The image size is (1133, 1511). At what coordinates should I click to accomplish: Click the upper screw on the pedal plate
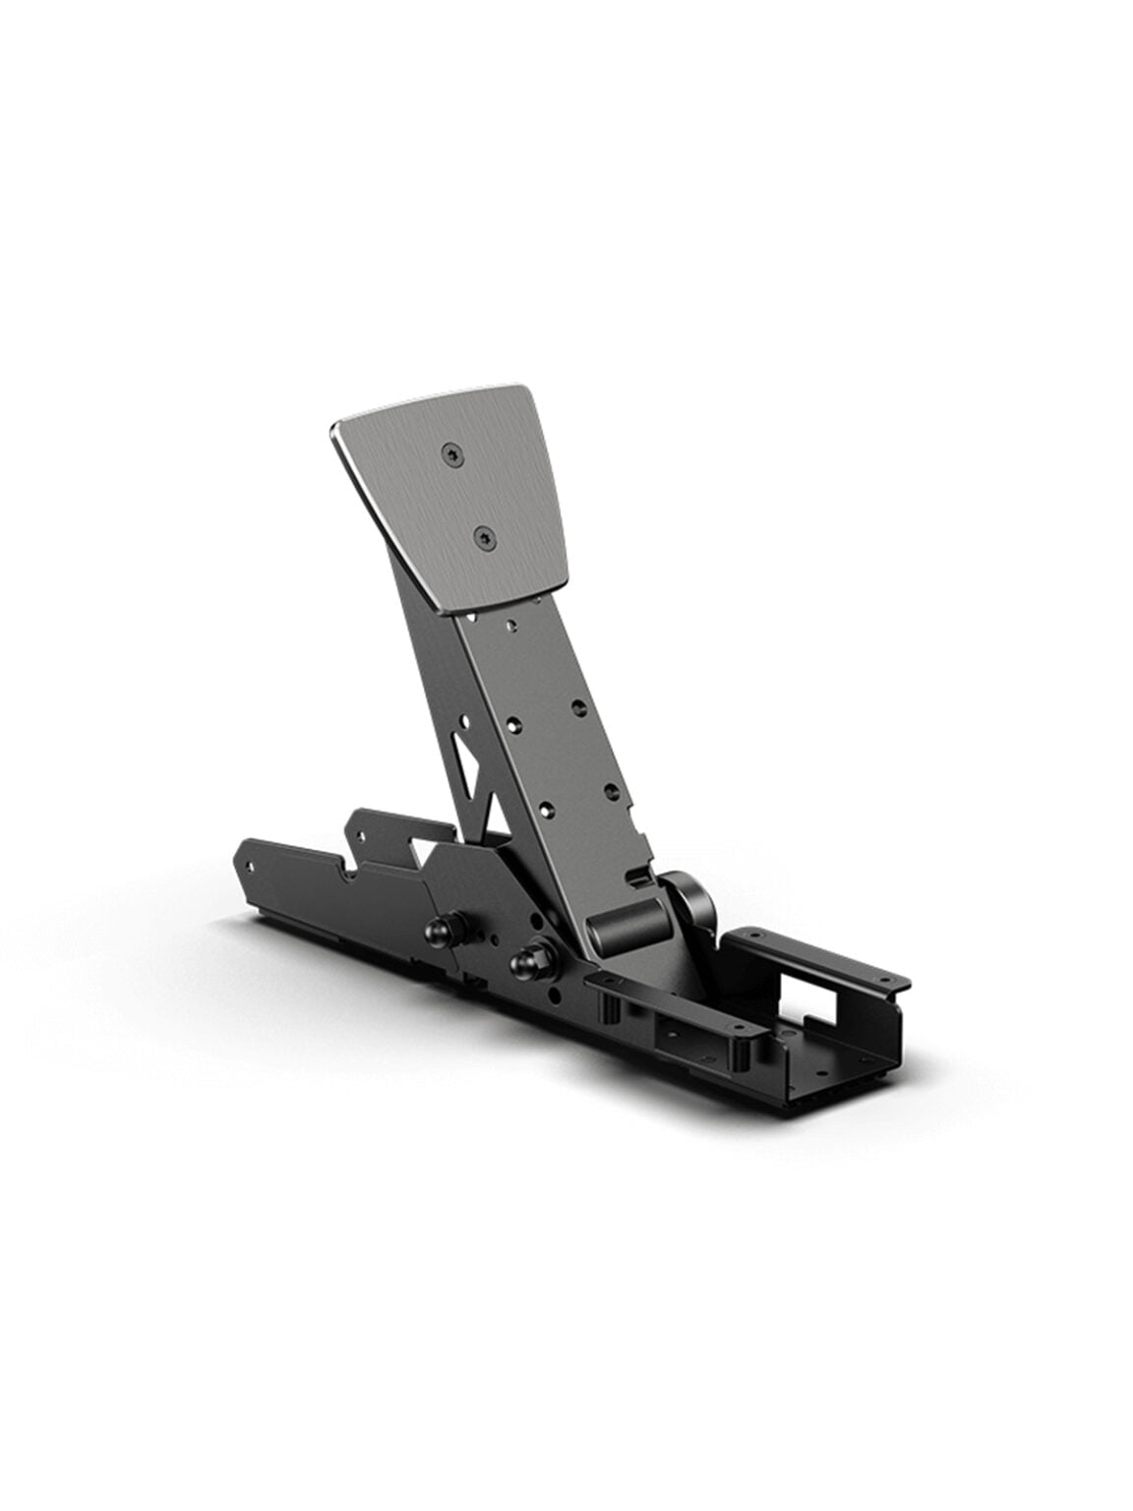451,452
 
